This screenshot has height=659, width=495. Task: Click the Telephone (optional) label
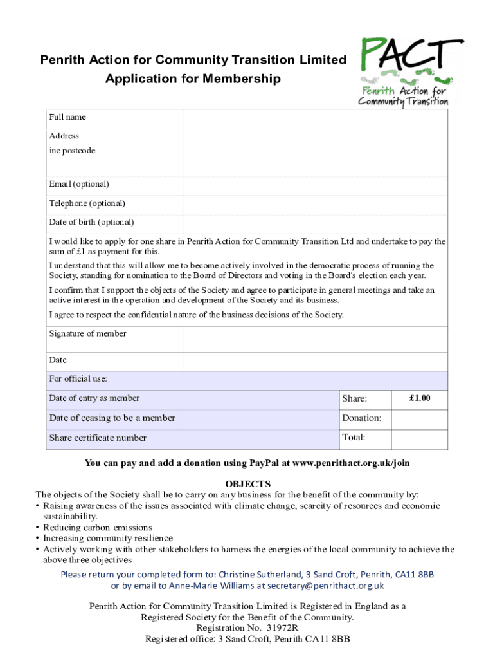(87, 203)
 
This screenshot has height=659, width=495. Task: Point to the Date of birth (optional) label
(92, 223)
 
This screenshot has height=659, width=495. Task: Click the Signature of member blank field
(315, 339)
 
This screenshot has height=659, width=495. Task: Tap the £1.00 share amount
(419, 398)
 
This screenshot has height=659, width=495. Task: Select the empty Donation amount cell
(419, 419)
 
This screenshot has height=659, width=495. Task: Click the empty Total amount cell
(419, 439)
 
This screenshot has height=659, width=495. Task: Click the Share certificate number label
(98, 438)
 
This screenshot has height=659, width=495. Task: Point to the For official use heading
(78, 379)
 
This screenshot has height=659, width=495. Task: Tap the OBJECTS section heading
(248, 484)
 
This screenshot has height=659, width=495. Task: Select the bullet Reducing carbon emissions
(98, 528)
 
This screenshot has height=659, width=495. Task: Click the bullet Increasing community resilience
(108, 538)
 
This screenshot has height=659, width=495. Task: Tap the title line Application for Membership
(193, 79)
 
